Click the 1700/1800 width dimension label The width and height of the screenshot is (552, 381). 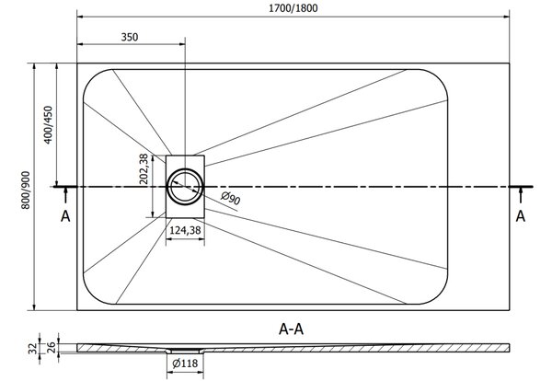293,8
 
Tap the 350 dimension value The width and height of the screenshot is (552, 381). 130,37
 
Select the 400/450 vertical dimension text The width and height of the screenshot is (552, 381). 48,124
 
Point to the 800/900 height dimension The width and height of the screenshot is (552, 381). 26,190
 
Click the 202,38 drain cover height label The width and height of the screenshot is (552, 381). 144,169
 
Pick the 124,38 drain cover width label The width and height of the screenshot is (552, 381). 185,230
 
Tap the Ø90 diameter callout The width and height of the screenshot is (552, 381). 231,198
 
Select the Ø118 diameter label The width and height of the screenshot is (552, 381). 185,363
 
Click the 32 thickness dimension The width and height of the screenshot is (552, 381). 33,349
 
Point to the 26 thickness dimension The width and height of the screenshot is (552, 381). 52,347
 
